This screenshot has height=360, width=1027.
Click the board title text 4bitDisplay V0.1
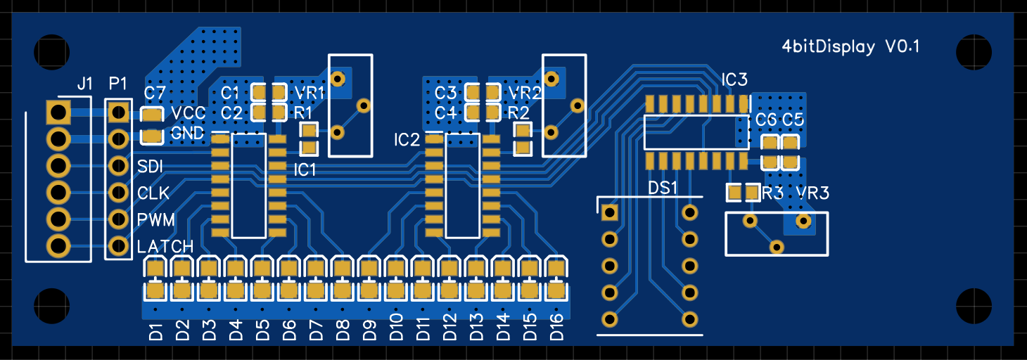point(851,47)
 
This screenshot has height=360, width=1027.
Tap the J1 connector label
point(84,84)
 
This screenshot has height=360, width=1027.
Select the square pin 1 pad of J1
point(58,111)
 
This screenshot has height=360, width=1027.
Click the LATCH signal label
point(165,247)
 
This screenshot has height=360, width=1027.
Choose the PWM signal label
point(156,220)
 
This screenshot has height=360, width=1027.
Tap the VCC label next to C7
point(188,113)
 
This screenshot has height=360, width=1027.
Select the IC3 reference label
point(734,79)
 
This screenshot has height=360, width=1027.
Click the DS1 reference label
point(662,188)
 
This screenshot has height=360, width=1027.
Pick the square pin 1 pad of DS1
point(609,212)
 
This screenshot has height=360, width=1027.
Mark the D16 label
point(556,328)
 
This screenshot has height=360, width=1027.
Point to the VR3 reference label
point(812,193)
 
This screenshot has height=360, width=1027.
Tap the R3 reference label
point(772,193)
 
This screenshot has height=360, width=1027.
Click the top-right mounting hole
point(974,51)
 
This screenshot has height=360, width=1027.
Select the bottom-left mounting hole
point(52,306)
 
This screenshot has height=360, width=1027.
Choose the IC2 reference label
point(407,140)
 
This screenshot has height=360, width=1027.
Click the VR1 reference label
point(310,93)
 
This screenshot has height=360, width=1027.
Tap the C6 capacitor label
point(765,120)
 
